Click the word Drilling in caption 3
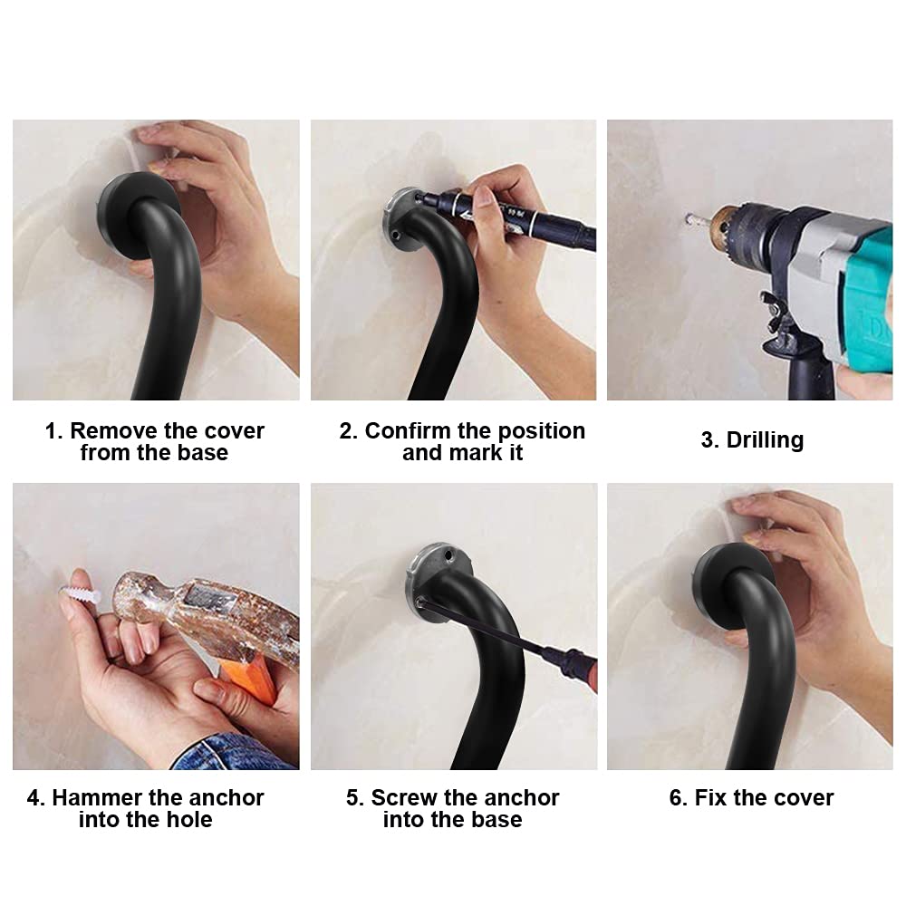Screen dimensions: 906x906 [x=765, y=440]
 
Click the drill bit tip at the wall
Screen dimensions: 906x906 [x=688, y=219]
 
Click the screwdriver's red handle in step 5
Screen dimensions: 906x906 [x=591, y=670]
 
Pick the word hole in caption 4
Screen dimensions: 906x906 [x=189, y=820]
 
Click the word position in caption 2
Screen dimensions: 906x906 [x=542, y=432]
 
